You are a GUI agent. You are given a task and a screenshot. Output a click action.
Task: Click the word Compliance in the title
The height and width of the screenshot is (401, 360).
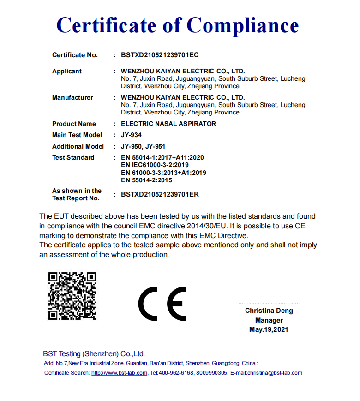click(x=243, y=24)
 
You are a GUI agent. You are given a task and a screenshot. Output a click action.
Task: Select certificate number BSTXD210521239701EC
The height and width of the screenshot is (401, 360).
click(x=160, y=55)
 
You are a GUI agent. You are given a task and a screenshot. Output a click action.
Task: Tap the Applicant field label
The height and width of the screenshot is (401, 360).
click(x=67, y=71)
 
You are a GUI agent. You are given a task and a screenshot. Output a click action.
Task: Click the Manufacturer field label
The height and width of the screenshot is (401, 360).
click(x=72, y=97)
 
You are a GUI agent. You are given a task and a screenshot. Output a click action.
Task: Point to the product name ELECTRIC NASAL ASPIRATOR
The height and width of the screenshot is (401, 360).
click(x=168, y=124)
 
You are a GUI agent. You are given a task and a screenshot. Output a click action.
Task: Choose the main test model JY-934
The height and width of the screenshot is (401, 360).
click(x=131, y=135)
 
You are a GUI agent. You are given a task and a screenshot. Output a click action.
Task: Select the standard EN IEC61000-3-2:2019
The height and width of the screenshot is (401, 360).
click(x=155, y=165)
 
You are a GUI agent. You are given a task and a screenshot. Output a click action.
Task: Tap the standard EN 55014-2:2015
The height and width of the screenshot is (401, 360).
click(x=146, y=180)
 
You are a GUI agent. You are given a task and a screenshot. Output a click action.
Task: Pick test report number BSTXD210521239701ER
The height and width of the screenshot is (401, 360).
click(x=160, y=194)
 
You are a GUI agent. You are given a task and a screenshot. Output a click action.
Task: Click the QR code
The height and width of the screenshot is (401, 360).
click(x=72, y=296)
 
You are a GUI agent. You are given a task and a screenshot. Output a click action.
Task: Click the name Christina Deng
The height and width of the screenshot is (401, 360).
click(x=269, y=311)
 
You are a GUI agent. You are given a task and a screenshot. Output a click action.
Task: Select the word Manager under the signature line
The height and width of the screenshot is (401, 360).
click(x=269, y=320)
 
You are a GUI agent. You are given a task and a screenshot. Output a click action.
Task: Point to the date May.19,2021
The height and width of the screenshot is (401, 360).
click(x=269, y=329)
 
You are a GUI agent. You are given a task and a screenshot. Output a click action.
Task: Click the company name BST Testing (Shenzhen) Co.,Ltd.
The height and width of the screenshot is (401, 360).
click(x=94, y=354)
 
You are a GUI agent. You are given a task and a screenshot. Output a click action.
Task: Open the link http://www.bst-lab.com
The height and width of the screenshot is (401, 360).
click(x=120, y=373)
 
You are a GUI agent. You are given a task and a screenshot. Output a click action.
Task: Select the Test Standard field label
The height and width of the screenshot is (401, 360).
click(x=73, y=157)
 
